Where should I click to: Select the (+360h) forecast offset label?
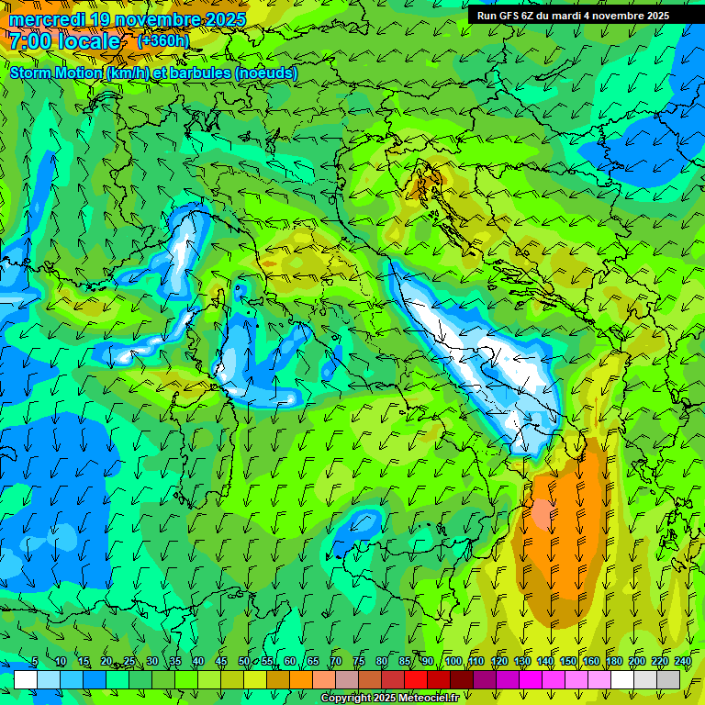[x=163, y=40]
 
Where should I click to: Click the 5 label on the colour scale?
[x=35, y=661]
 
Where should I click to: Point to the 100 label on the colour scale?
[x=453, y=661]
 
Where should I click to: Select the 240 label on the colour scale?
[x=683, y=661]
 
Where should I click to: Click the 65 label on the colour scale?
[x=313, y=661]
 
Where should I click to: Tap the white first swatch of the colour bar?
[x=25, y=679]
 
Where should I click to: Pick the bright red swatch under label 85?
[x=415, y=679]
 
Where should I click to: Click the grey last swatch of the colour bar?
[x=668, y=679]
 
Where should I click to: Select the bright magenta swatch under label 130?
[x=530, y=679]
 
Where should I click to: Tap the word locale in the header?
[x=88, y=41]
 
